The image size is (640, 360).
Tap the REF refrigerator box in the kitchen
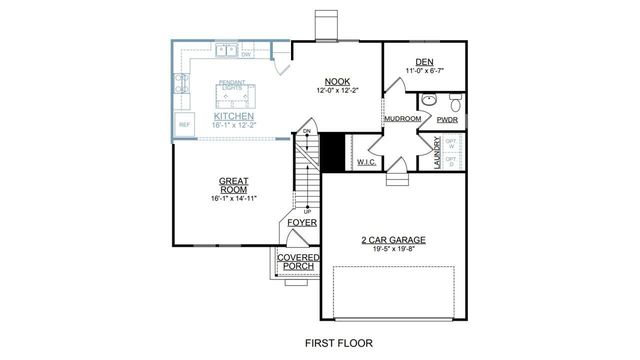click(x=183, y=125)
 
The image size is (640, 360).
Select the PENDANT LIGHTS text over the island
click(x=232, y=87)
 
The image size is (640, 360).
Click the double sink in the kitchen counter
click(x=230, y=48)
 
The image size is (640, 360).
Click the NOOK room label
click(x=335, y=82)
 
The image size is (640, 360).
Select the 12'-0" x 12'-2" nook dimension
click(x=335, y=91)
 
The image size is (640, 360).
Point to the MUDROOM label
click(x=402, y=119)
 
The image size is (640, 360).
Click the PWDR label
click(x=447, y=119)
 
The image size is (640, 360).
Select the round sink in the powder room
click(x=428, y=100)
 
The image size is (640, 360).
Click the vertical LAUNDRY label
click(x=437, y=153)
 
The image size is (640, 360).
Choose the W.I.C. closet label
click(x=365, y=161)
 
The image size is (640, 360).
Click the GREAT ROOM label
click(x=234, y=186)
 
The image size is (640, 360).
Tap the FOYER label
click(x=302, y=222)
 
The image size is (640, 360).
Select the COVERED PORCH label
click(x=299, y=262)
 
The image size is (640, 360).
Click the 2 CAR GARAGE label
click(x=393, y=240)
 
